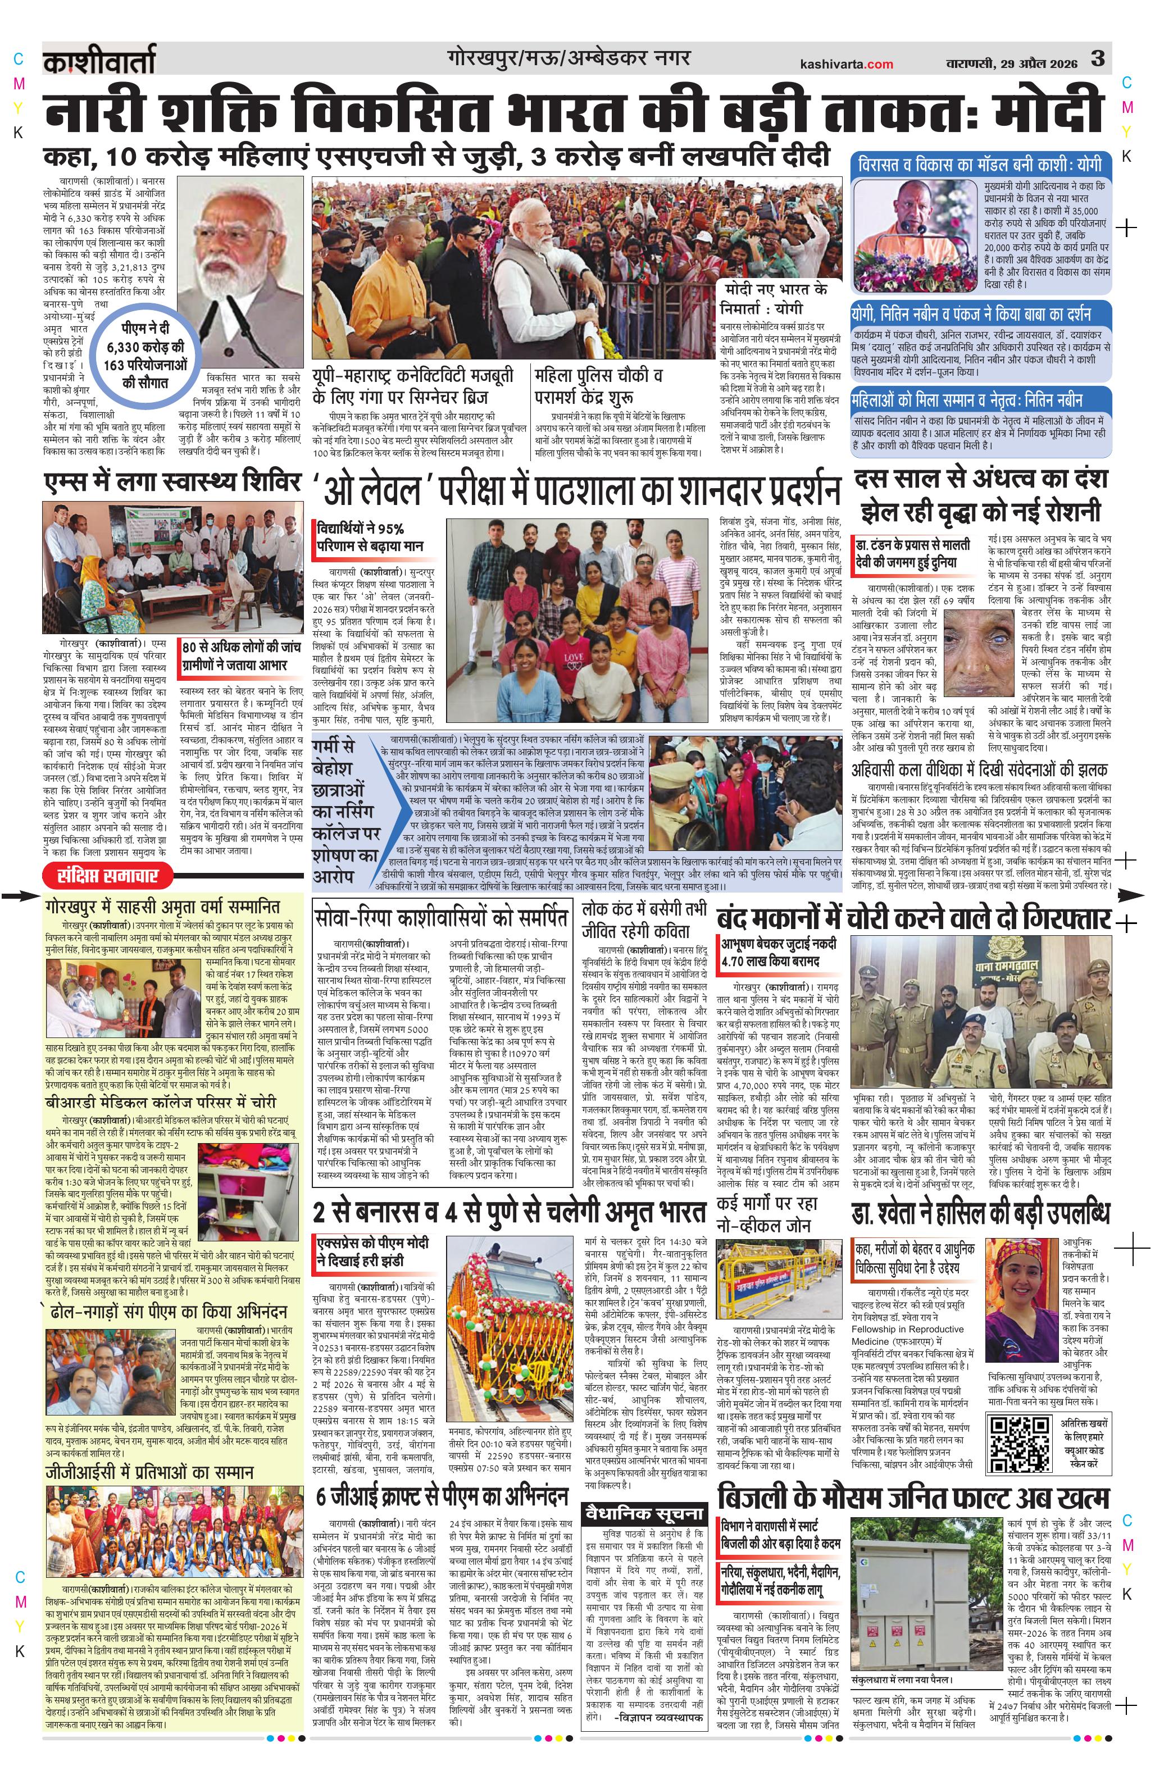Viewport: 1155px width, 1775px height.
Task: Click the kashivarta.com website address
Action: pyautogui.click(x=845, y=64)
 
